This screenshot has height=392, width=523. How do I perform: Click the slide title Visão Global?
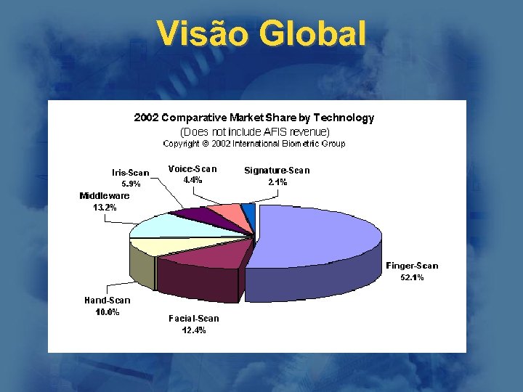[261, 33]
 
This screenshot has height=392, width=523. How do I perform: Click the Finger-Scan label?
[412, 266]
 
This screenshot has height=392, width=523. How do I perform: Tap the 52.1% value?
[412, 277]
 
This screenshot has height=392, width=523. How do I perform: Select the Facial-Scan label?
[193, 318]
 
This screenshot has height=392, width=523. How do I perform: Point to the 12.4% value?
[193, 330]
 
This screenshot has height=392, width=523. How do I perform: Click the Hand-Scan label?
[108, 300]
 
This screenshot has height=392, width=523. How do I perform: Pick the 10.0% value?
[108, 312]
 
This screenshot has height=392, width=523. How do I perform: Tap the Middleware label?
[105, 195]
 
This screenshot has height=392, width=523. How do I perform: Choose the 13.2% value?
[105, 208]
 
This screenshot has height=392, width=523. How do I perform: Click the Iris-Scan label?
[130, 173]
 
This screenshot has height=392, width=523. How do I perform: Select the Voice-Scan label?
[192, 168]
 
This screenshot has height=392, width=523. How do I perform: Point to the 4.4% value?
[192, 179]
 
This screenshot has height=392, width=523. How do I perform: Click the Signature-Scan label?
[277, 171]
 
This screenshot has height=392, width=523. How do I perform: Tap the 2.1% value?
[277, 182]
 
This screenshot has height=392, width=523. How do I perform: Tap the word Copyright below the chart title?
[179, 144]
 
